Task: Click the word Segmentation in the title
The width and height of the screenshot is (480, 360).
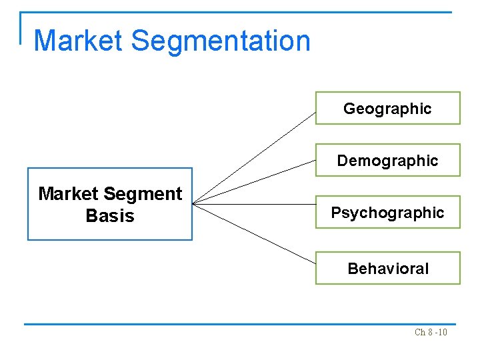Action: click(x=221, y=41)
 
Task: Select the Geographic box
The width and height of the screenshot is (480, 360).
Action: click(x=387, y=108)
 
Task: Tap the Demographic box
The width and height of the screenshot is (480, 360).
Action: click(x=387, y=160)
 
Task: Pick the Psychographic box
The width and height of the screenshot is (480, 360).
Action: click(x=387, y=213)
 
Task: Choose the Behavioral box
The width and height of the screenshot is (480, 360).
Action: click(x=387, y=268)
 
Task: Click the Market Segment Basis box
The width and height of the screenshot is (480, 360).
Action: click(x=109, y=204)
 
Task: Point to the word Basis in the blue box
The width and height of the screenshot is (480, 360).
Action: click(x=110, y=216)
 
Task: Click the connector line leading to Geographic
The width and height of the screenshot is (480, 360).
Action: click(x=254, y=157)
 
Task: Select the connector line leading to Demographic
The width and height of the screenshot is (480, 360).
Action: click(x=254, y=181)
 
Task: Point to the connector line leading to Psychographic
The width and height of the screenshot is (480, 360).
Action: click(x=254, y=204)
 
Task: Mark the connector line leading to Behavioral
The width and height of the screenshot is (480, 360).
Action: click(x=254, y=232)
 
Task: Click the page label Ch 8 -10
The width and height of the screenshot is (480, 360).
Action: click(x=431, y=332)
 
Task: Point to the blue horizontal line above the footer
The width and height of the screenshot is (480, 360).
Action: click(x=240, y=325)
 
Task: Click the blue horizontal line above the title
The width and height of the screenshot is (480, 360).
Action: click(x=240, y=12)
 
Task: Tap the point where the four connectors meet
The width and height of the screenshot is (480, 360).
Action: click(x=193, y=203)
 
